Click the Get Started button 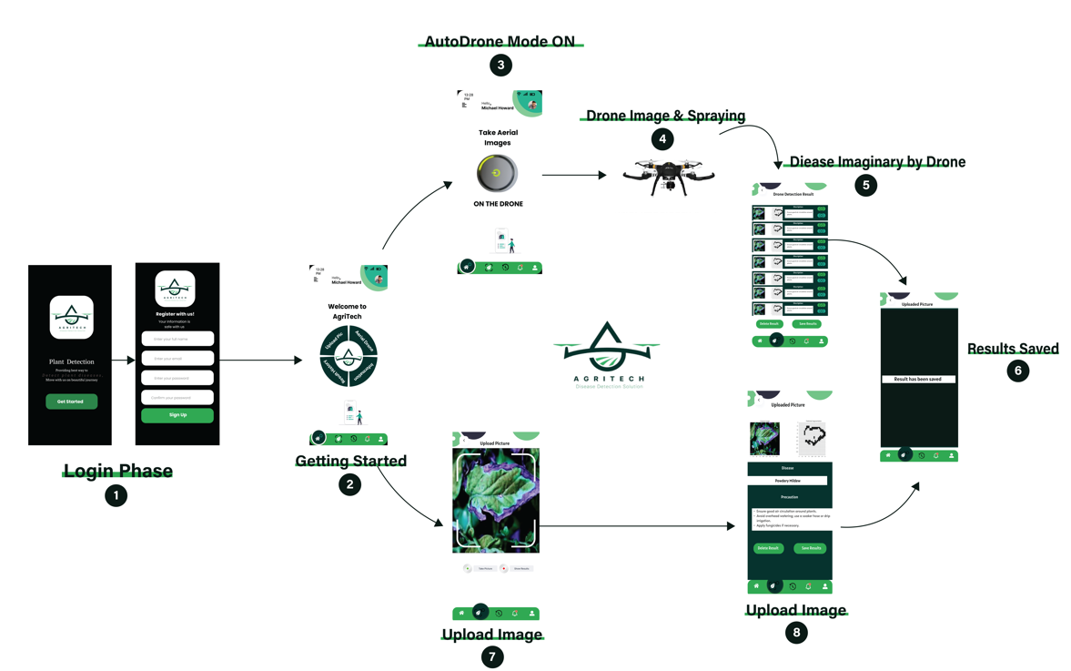pos(71,402)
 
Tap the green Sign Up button pos(177,415)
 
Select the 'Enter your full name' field pos(177,339)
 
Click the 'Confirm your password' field pos(177,397)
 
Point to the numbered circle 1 pos(116,495)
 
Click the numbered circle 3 pos(500,65)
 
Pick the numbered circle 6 pos(1017,371)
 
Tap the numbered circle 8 pos(796,633)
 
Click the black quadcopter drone pos(669,176)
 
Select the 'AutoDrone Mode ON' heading pos(500,42)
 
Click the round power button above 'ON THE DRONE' pos(497,173)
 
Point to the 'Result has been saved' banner pos(918,379)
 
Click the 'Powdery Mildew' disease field pos(789,480)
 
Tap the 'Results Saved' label pos(1013,349)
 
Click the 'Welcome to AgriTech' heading pos(347,311)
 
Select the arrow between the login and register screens pos(124,361)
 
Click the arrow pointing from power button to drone pos(573,175)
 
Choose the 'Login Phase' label pos(117,471)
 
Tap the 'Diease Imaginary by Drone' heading pos(877,162)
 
